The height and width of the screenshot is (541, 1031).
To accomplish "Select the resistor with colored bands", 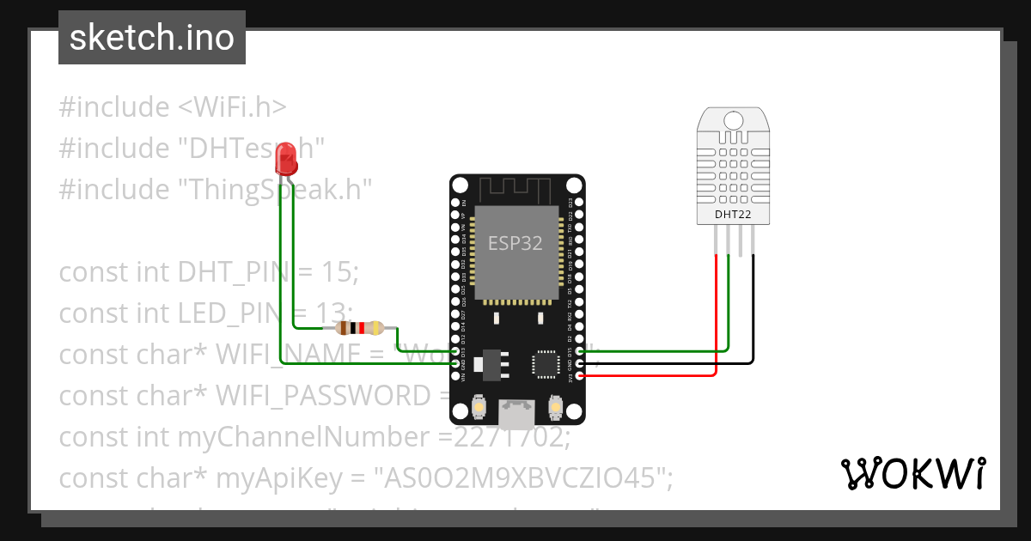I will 359,327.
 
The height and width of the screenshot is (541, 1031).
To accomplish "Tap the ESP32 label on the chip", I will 515,243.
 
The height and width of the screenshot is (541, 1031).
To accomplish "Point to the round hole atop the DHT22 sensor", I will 734,119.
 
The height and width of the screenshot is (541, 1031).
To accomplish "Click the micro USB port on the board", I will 517,415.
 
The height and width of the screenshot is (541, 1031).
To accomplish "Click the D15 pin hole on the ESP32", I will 578,350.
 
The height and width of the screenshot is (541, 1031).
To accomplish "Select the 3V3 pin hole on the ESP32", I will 578,376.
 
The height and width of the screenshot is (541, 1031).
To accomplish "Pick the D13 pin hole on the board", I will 456,350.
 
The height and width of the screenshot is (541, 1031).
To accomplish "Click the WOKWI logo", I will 912,473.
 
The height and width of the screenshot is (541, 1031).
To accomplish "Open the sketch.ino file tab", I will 152,38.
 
